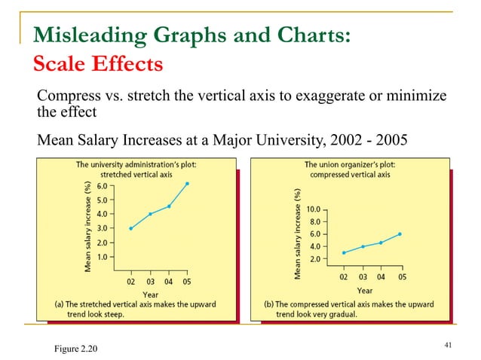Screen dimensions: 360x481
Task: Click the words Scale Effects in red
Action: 94,64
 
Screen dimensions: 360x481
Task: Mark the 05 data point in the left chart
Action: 188,183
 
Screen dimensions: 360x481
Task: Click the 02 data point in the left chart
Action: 130,228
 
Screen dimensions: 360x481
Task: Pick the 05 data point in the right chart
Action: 400,233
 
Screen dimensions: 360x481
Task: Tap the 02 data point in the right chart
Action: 344,252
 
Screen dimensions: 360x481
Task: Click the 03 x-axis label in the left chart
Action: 150,282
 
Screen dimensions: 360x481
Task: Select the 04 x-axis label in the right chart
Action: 381,276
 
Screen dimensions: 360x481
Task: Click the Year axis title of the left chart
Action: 152,294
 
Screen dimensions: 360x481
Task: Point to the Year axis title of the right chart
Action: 365,290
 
